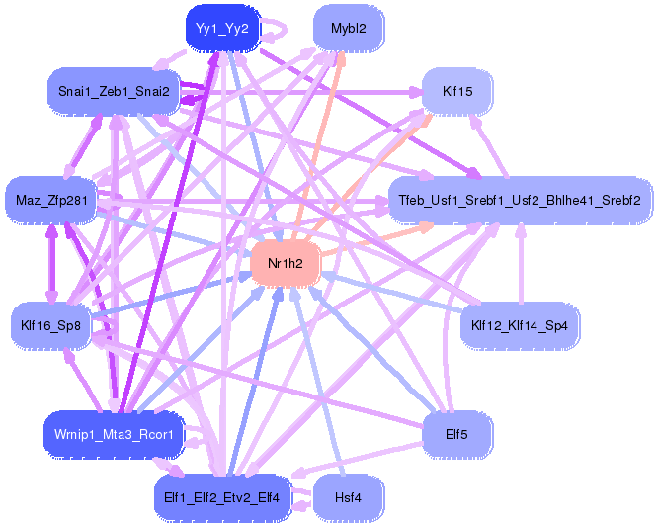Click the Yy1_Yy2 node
coord(223,29)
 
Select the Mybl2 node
coord(349,29)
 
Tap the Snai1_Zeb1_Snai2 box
coord(114,91)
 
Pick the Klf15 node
coord(457,91)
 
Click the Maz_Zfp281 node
coord(51,201)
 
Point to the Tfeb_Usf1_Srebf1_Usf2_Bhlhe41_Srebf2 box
coord(520,201)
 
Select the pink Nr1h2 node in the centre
coord(286,263)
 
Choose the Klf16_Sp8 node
coord(50,325)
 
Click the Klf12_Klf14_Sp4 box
coord(520,325)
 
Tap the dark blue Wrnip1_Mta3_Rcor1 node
coord(114,435)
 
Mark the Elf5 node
coord(456,435)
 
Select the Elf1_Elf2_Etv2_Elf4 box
coord(222,498)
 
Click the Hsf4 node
coord(349,498)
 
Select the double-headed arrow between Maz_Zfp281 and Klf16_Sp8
coord(51,263)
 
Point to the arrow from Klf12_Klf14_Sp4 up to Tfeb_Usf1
coord(521,263)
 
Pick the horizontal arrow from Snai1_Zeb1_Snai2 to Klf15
coord(301,92)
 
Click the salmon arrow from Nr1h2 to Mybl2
coord(319,146)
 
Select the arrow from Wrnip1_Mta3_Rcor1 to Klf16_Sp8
coord(83,380)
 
